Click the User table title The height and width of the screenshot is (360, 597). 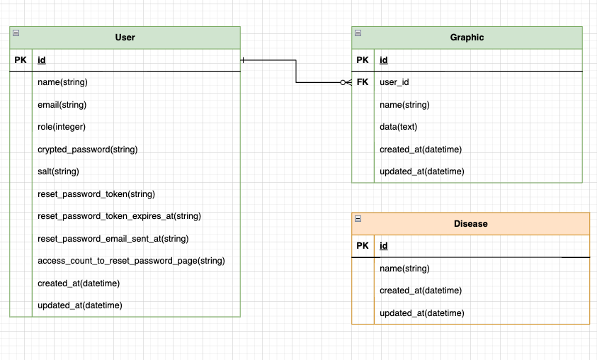click(125, 38)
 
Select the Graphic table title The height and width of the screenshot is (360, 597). click(467, 38)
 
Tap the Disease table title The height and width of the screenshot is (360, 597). click(470, 224)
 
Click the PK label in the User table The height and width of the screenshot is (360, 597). click(21, 60)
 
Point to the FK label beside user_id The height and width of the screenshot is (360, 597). click(363, 82)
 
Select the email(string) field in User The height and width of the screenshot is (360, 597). click(62, 105)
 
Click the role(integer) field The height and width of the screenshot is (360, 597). click(62, 127)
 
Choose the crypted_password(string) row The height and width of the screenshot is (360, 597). click(87, 150)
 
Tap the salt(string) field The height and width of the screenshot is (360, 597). click(58, 171)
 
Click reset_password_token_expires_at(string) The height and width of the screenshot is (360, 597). click(119, 216)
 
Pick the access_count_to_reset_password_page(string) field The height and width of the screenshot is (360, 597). click(131, 261)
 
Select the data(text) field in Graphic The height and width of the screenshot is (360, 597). click(399, 127)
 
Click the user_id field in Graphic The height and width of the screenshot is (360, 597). click(394, 82)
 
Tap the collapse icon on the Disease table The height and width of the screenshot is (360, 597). click(358, 219)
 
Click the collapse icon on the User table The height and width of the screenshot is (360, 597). click(16, 33)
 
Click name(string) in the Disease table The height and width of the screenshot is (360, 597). click(404, 269)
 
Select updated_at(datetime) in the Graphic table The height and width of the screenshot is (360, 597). click(422, 171)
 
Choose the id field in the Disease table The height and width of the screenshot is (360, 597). click(384, 246)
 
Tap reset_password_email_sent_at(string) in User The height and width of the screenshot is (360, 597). click(113, 239)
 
